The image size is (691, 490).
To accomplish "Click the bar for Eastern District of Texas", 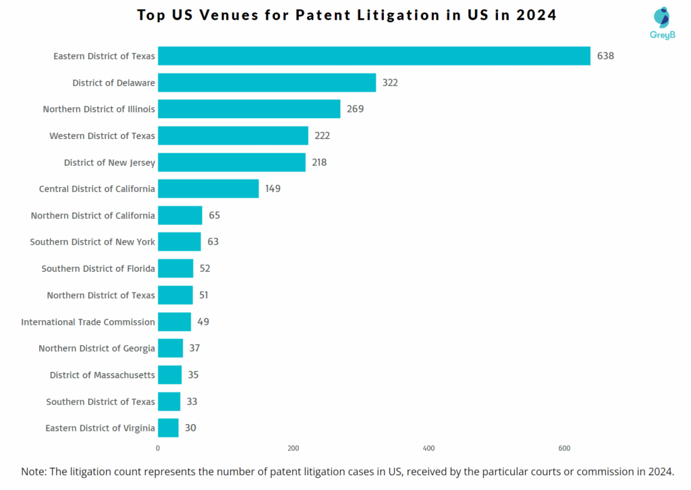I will coord(374,56).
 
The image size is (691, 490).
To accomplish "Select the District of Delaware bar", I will coord(267,83).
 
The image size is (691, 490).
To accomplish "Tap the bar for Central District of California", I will coord(208,189).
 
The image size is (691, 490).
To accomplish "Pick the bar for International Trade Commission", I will coord(174,321).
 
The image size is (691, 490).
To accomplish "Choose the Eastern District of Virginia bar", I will coord(168,428).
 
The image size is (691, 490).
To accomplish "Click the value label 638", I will coord(605,56).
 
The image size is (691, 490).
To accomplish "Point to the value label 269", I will coord(355,109).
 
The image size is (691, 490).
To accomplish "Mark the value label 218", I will coord(319,162).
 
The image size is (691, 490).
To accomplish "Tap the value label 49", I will coord(203,321).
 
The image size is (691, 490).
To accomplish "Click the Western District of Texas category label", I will coord(102,136).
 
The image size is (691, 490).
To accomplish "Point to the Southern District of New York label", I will coord(92,242).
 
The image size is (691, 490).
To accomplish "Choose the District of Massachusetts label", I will coord(102,375).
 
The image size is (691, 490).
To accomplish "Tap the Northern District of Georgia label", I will coord(96,348).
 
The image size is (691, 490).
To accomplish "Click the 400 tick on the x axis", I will coord(429,448).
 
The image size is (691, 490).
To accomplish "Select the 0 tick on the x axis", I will coord(158,448).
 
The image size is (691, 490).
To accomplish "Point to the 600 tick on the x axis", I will coord(564,448).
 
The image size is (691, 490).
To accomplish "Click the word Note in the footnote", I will coord(34,472).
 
